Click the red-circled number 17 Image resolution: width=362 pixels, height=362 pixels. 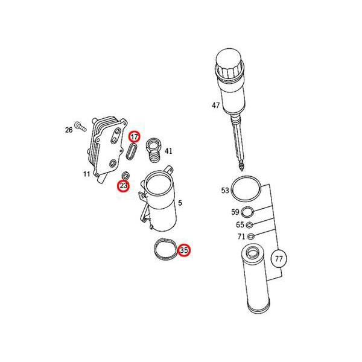click(134, 137)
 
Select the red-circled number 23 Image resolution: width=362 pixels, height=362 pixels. click(124, 186)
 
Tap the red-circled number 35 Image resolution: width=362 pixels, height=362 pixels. click(184, 250)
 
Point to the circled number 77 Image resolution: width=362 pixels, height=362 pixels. click(279, 259)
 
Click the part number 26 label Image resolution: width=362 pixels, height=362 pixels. click(69, 130)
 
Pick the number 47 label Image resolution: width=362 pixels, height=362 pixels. click(216, 106)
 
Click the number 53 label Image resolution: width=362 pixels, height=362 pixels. click(225, 191)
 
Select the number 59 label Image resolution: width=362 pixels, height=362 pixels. click(235, 212)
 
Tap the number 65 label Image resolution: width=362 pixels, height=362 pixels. click(240, 224)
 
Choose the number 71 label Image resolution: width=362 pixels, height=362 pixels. click(241, 237)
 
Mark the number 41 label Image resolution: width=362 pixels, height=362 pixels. click(168, 151)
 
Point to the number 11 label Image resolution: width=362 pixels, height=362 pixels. click(86, 174)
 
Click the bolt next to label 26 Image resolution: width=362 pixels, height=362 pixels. click(80, 127)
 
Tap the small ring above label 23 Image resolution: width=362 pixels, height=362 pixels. click(125, 176)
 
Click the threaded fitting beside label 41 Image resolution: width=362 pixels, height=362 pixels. click(154, 150)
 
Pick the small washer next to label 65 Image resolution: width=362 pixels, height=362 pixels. click(250, 224)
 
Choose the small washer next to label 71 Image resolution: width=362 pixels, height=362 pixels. click(251, 237)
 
